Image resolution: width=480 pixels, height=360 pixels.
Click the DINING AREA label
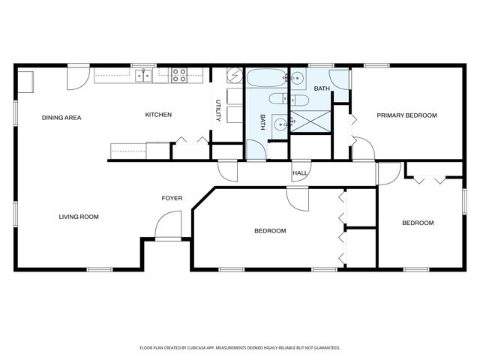pos(61,118)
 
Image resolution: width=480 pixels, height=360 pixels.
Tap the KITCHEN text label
pos(158,115)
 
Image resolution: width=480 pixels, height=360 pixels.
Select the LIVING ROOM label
pos(79,217)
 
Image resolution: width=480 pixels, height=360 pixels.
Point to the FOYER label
pos(172,198)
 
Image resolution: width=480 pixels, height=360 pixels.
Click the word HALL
pos(300,173)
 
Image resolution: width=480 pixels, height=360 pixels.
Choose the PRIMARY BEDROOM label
pos(406,115)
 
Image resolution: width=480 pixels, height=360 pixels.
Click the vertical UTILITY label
pos(217,111)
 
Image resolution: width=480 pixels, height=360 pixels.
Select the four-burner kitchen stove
pos(179,75)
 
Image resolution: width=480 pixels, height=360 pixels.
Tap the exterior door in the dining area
pos(78,77)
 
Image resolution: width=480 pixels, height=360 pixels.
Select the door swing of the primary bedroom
pos(362,148)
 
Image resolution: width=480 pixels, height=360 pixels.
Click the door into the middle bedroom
pos(298,198)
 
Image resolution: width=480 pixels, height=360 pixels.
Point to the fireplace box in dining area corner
pos(25,80)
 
